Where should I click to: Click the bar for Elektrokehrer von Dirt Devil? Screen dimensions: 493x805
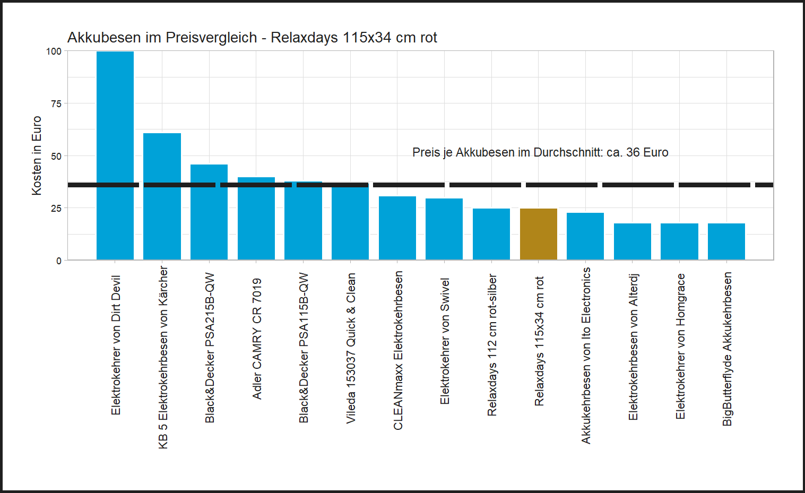(115, 155)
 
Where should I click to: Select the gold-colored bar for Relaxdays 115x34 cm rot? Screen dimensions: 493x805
(538, 234)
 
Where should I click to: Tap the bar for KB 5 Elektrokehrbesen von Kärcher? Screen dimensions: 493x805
(162, 196)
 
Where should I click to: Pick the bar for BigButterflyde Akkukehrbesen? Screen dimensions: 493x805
(726, 241)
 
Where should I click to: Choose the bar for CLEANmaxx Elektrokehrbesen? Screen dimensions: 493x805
(397, 228)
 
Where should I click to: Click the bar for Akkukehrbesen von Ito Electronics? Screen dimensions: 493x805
(585, 236)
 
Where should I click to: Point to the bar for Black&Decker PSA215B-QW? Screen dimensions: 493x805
(209, 212)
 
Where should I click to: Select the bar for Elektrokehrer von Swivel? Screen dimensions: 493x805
(444, 229)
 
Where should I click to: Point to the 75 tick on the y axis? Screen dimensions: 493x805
(56, 103)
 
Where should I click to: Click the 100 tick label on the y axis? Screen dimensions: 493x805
(54, 51)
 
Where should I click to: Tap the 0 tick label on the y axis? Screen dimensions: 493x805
(59, 261)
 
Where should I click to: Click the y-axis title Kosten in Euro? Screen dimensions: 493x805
(37, 155)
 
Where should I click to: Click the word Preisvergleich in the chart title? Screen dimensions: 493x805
(211, 38)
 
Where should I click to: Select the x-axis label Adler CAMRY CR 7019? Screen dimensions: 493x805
(257, 339)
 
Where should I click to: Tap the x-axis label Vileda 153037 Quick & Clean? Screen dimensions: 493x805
(351, 348)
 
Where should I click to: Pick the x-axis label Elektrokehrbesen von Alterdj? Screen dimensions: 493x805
(633, 347)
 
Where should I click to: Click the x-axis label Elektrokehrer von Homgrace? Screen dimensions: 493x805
(680, 346)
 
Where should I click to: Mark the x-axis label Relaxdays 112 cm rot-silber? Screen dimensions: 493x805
(492, 345)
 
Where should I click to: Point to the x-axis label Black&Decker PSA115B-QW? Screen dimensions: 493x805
(304, 348)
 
